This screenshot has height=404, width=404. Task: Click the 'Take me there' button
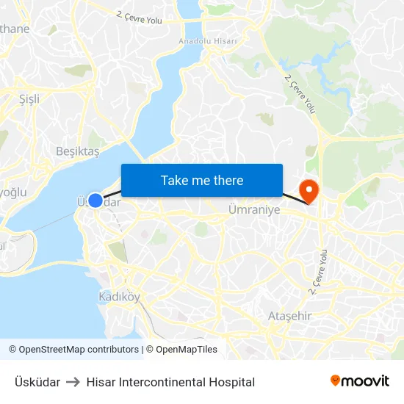pyautogui.click(x=202, y=180)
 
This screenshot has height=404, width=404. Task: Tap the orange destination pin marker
pyautogui.click(x=310, y=191)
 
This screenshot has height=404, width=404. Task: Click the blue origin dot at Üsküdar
pyautogui.click(x=95, y=200)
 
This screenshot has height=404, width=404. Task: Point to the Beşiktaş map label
pyautogui.click(x=77, y=151)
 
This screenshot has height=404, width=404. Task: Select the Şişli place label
pyautogui.click(x=29, y=98)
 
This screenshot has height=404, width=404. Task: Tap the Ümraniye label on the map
pyautogui.click(x=254, y=209)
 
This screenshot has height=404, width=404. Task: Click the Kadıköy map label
pyautogui.click(x=119, y=297)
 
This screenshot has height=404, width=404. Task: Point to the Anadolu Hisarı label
pyautogui.click(x=208, y=41)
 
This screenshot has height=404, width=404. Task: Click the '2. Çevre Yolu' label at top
pyautogui.click(x=140, y=17)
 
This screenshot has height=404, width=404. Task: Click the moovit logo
pyautogui.click(x=360, y=381)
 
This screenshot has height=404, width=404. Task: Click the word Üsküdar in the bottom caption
pyautogui.click(x=37, y=382)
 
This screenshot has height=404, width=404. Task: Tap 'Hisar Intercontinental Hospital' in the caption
pyautogui.click(x=170, y=382)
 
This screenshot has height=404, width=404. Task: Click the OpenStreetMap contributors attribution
pyautogui.click(x=73, y=350)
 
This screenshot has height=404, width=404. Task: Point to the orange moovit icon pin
pyautogui.click(x=336, y=380)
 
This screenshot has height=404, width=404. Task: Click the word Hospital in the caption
pyautogui.click(x=232, y=382)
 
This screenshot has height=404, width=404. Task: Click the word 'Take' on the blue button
pyautogui.click(x=173, y=180)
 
